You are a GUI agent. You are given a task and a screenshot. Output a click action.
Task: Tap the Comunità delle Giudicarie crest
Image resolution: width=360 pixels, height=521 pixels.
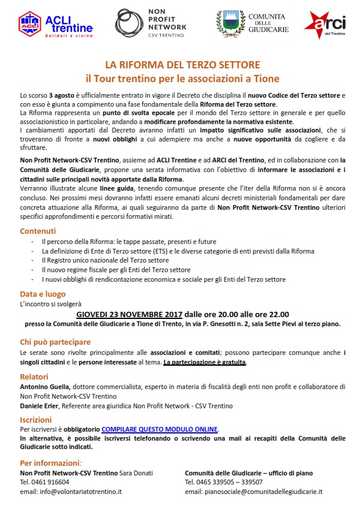(229, 25)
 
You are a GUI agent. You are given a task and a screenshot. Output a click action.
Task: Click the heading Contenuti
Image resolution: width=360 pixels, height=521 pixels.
(38, 231)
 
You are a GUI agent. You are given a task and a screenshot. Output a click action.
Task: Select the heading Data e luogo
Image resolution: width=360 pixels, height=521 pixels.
(43, 294)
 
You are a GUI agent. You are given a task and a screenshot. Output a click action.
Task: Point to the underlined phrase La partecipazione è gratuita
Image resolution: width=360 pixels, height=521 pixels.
(204, 363)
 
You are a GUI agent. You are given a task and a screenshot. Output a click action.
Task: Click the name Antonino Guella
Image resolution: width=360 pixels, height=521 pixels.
(45, 387)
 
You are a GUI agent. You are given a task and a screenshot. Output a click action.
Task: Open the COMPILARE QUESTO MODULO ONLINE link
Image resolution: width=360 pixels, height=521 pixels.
(160, 429)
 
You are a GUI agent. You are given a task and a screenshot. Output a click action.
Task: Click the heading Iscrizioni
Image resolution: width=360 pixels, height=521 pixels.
(35, 420)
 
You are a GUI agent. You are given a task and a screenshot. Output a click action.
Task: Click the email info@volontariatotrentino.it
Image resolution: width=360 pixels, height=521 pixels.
(71, 491)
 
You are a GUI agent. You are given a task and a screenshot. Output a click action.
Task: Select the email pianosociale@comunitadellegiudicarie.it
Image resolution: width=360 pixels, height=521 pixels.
(253, 491)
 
